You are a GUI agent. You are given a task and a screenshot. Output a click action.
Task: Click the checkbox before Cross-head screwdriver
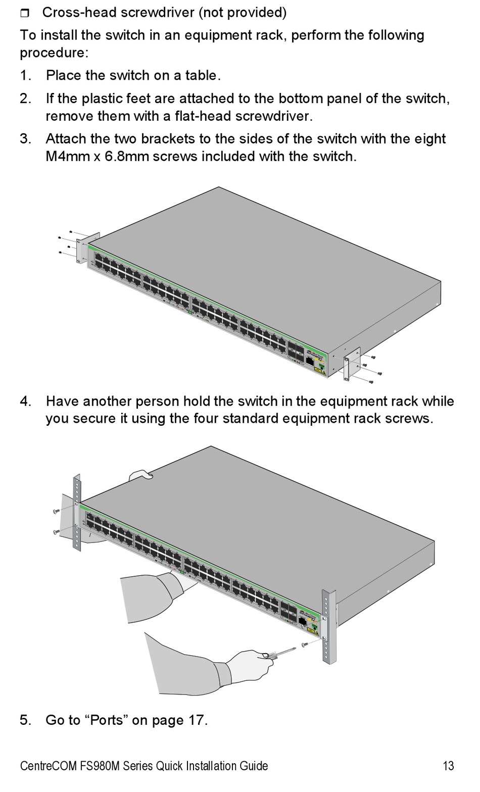click(x=25, y=13)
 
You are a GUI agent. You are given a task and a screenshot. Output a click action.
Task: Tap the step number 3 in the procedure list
click(x=25, y=138)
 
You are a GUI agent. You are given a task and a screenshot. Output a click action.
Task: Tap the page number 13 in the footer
click(x=448, y=766)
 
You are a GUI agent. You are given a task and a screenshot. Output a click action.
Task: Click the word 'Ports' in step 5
click(x=107, y=720)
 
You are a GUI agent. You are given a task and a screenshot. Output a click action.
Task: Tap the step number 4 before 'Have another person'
click(x=25, y=401)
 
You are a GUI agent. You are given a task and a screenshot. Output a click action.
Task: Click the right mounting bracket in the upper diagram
click(x=352, y=364)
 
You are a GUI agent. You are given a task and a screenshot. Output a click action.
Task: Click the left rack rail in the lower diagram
click(x=77, y=512)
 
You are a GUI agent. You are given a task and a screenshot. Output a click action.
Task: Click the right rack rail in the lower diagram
click(x=328, y=626)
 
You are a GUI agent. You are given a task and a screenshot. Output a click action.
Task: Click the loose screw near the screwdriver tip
click(x=304, y=645)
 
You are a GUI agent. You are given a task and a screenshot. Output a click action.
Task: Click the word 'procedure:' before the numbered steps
click(x=54, y=53)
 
